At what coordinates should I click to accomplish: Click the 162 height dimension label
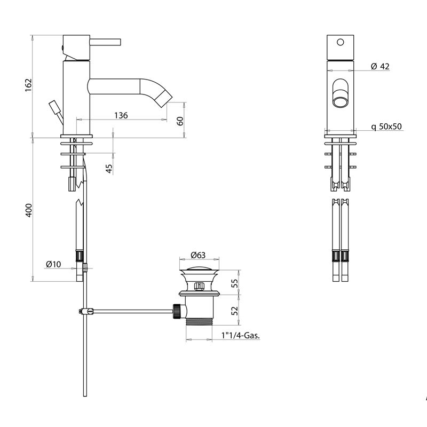tap(28, 85)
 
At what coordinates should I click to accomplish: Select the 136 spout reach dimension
tap(121, 115)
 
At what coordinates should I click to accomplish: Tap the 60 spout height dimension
tap(180, 120)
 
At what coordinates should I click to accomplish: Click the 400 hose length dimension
tap(28, 210)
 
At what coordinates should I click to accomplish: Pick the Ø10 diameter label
tap(54, 264)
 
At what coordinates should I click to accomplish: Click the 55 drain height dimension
tap(234, 283)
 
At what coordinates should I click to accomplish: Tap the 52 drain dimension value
tap(234, 311)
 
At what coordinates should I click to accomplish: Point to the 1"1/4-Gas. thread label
tap(243, 336)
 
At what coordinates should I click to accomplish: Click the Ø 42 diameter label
tap(380, 66)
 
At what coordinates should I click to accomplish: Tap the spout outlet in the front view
tap(339, 99)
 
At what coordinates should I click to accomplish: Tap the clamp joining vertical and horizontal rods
tap(84, 311)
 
